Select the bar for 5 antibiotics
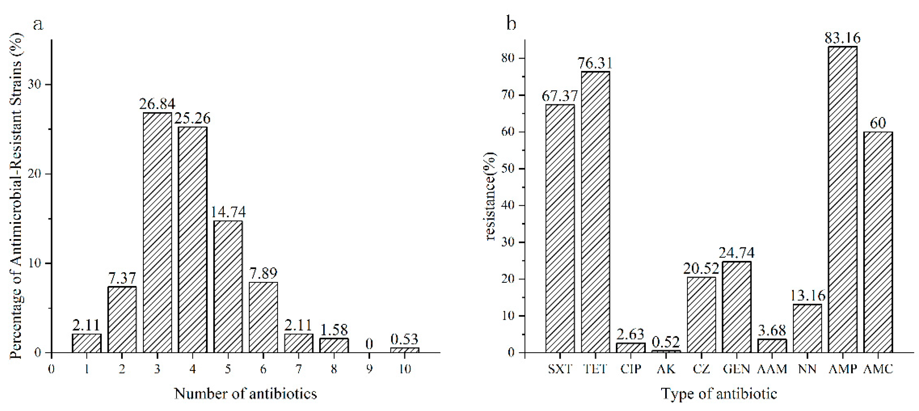(x=228, y=287)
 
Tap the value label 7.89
(x=263, y=273)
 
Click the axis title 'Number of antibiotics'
(x=246, y=394)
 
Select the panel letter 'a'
(x=38, y=24)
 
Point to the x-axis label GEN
(x=736, y=368)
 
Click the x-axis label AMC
(x=878, y=368)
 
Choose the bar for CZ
(x=701, y=315)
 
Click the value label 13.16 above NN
(x=807, y=296)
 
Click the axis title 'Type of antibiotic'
(x=719, y=394)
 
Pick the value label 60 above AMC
(x=878, y=123)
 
